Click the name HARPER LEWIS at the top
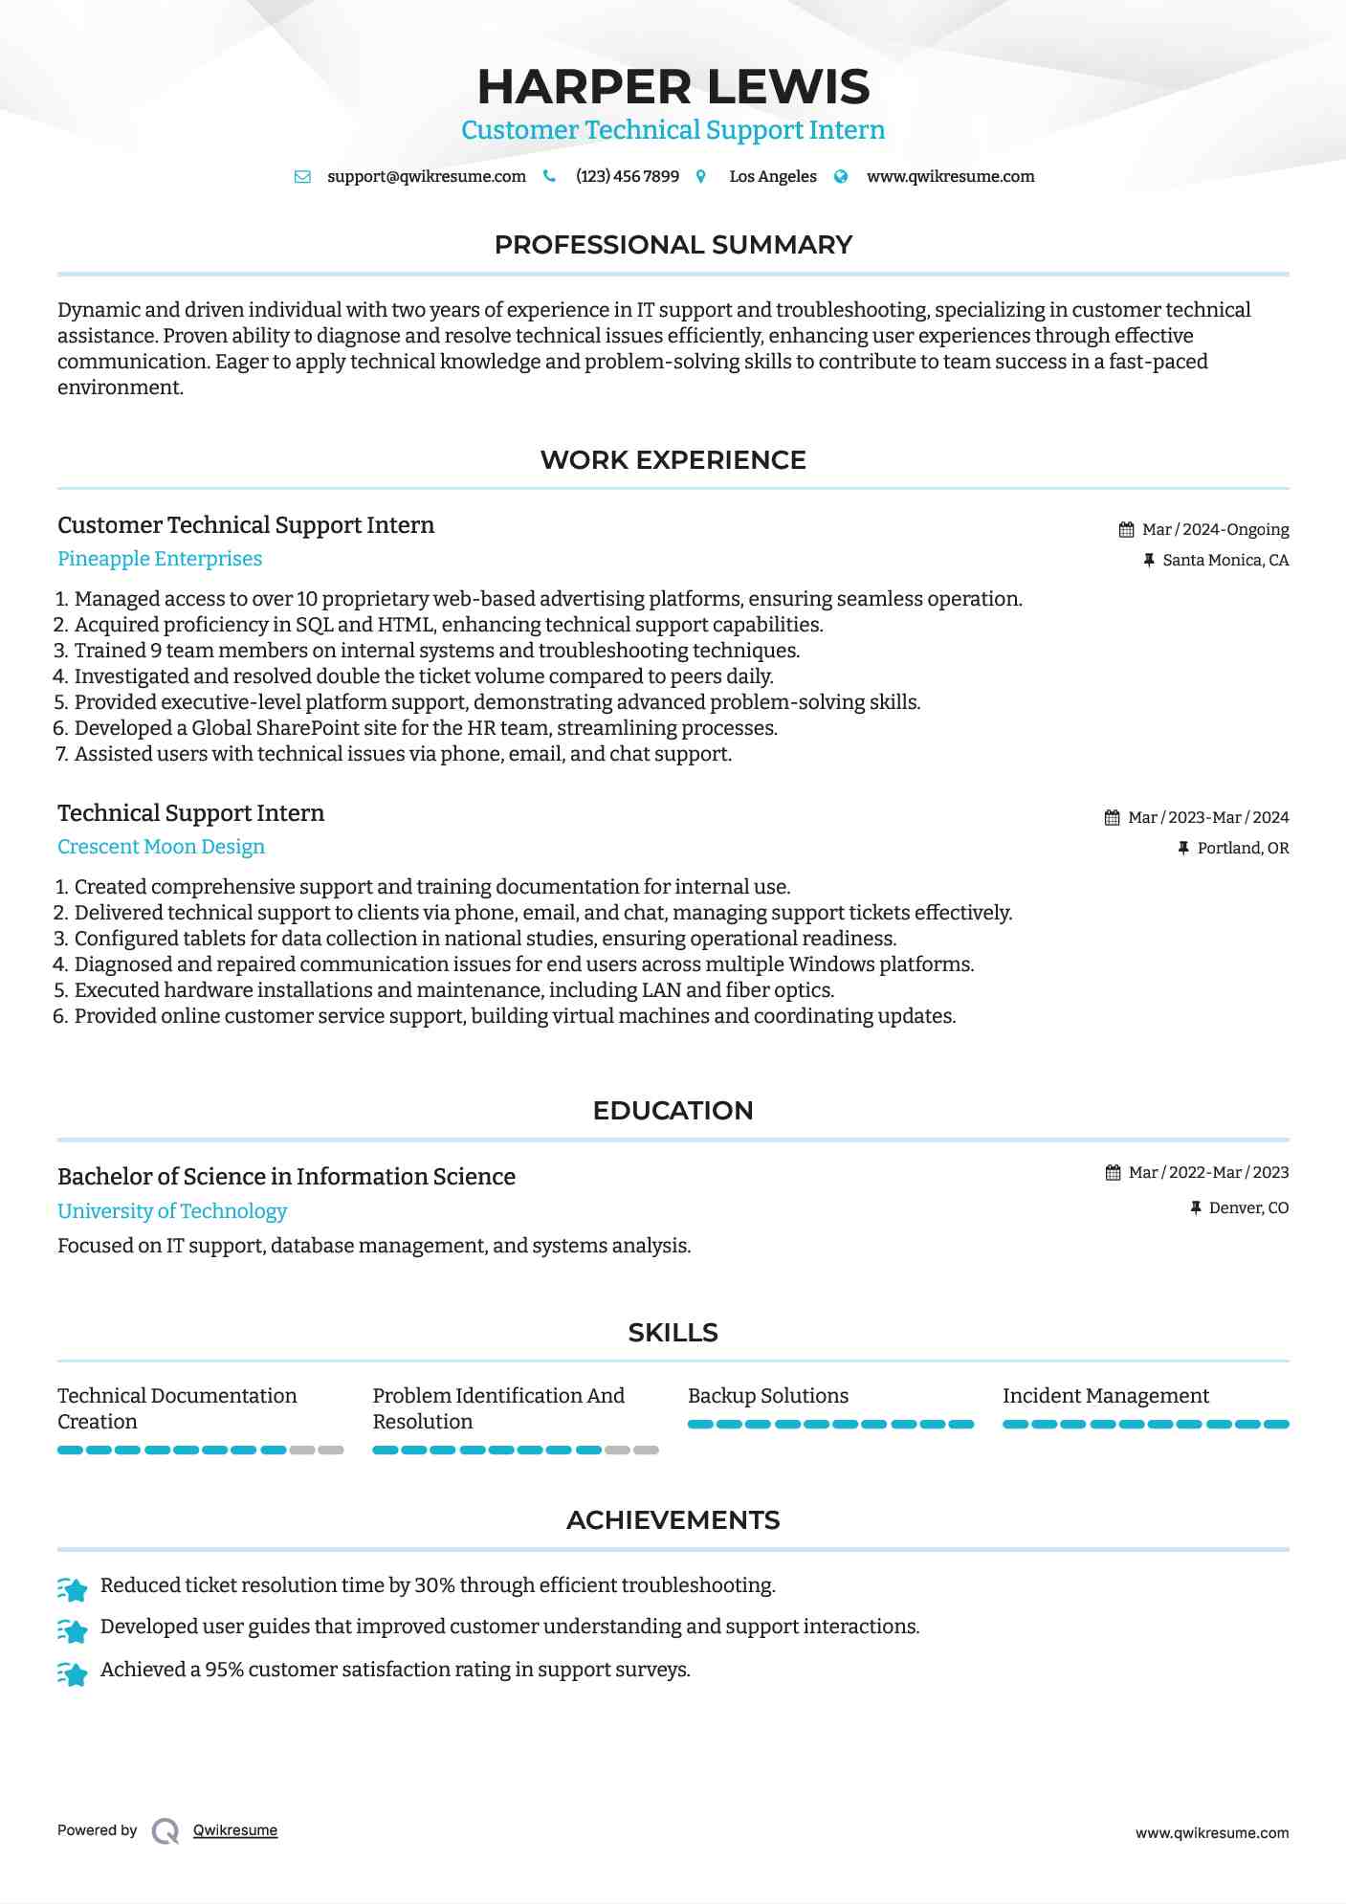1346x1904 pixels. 673,87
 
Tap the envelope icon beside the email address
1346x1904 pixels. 302,177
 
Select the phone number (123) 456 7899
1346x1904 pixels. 627,177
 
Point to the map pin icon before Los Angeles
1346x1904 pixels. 701,177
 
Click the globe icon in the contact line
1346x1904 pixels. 841,177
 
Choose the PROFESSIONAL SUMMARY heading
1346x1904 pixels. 673,245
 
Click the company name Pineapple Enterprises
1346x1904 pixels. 160,559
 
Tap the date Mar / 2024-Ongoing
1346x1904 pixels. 1215,530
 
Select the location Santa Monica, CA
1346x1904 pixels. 1225,561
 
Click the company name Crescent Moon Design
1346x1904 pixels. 161,847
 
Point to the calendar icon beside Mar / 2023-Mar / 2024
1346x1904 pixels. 1112,818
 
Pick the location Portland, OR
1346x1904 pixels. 1243,849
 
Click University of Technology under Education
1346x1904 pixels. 172,1211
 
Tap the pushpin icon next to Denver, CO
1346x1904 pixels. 1195,1208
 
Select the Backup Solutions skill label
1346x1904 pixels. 767,1396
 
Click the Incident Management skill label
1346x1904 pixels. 1105,1396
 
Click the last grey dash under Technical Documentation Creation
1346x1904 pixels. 331,1450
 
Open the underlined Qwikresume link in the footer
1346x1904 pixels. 235,1830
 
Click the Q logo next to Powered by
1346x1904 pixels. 165,1831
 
